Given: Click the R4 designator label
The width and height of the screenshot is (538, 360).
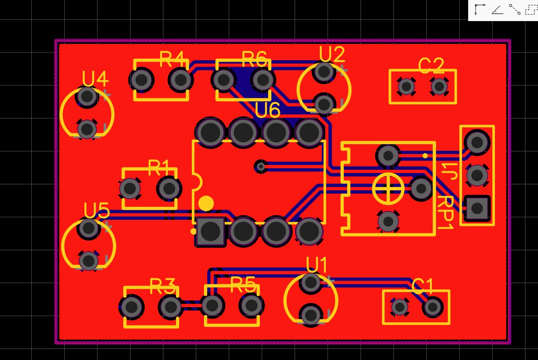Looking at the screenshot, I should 171,59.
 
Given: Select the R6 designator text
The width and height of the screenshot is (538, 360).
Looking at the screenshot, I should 254,59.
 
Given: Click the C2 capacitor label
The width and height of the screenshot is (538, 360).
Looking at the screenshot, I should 431,66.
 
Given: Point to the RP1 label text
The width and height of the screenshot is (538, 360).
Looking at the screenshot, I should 445,213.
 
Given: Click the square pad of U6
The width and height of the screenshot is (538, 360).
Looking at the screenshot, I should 210,232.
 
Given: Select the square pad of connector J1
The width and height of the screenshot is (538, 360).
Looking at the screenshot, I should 477,208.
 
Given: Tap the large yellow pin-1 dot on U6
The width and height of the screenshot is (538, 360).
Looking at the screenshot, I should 206,203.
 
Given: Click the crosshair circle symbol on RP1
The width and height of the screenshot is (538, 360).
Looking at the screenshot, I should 388,189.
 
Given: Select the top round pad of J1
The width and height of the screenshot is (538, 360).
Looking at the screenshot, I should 477,142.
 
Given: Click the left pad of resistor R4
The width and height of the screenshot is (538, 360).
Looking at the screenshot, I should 141,80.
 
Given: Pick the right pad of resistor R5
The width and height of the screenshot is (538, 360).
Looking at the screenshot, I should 251,305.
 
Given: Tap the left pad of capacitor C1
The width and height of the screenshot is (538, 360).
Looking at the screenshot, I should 399,307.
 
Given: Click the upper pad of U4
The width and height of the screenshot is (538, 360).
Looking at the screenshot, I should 87,97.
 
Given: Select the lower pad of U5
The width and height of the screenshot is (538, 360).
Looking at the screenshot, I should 89,260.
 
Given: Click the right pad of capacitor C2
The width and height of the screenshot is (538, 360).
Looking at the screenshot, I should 439,86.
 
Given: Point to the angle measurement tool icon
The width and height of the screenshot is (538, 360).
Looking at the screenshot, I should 497,10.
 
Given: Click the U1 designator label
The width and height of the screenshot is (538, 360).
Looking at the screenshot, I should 317,266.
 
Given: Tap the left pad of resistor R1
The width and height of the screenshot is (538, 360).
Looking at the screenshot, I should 130,189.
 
